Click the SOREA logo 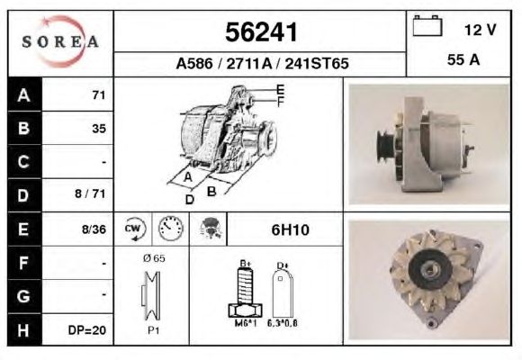[60, 41]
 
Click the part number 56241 [261, 32]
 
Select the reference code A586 [194, 63]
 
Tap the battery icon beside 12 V [427, 25]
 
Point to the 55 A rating [463, 59]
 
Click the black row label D [23, 195]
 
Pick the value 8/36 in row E [94, 229]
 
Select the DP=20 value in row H [87, 330]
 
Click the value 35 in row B [99, 129]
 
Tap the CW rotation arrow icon [135, 229]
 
